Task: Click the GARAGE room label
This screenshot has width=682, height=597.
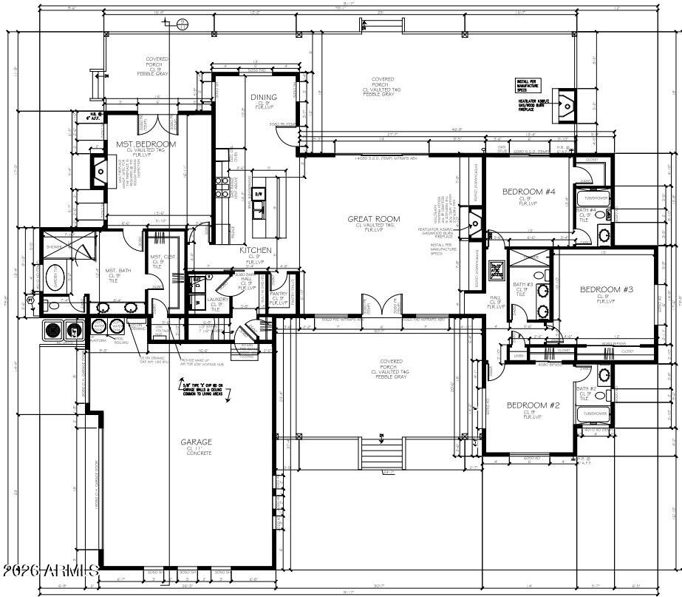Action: point(197,442)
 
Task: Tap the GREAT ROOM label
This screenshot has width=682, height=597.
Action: point(374,219)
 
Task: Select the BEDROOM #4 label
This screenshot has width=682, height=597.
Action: point(528,192)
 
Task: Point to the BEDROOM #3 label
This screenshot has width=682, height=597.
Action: point(607,289)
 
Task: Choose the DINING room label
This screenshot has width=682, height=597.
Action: point(264,97)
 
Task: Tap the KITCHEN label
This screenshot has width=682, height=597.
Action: point(256,250)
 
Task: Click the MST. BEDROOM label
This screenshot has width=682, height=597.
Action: point(146,144)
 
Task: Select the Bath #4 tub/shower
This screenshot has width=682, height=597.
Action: point(596,198)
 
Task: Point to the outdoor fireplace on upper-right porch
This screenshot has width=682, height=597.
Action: point(567,105)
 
